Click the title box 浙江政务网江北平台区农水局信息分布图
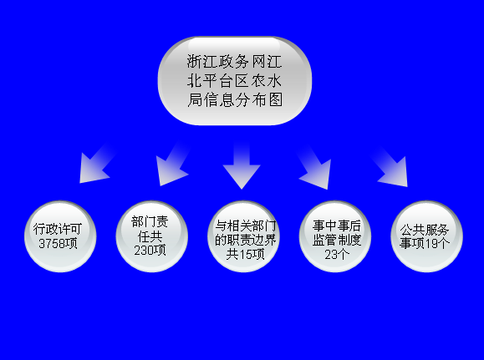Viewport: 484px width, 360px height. [235, 81]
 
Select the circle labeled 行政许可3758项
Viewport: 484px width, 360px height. [60, 236]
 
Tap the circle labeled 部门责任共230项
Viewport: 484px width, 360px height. [152, 236]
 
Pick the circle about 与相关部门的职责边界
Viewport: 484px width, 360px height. [243, 236]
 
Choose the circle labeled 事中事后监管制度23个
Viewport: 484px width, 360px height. [335, 236]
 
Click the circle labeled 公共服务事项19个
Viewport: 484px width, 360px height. [427, 236]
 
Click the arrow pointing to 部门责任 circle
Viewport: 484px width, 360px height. [173, 164]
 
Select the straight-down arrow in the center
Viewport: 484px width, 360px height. [242, 165]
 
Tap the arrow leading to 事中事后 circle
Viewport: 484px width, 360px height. [314, 166]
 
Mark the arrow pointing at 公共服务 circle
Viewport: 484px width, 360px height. [390, 166]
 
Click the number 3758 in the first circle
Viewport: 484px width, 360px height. [50, 244]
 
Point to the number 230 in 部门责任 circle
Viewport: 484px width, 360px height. [143, 251]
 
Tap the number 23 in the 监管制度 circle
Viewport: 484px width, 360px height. [330, 255]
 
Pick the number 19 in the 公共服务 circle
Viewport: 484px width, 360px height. [431, 244]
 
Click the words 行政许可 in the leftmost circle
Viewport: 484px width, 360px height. [58, 229]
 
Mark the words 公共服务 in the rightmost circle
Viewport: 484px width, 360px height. [425, 230]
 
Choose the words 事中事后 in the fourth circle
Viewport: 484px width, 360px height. [336, 226]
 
